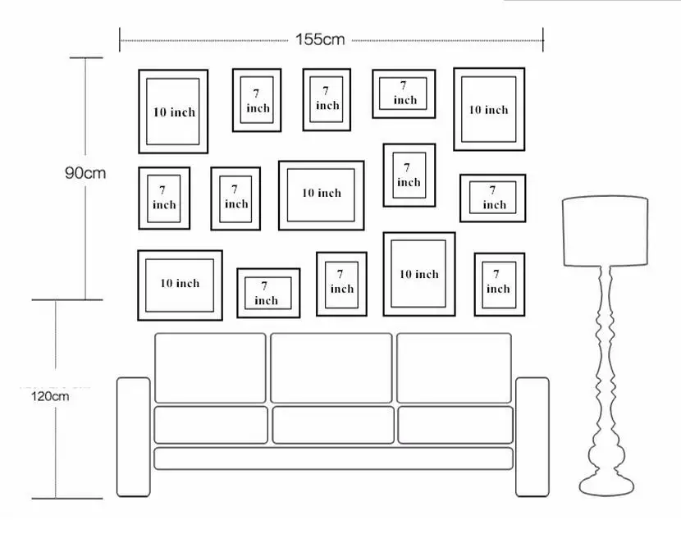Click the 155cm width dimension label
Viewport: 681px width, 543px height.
coord(321,39)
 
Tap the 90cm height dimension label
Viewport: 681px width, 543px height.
coord(85,173)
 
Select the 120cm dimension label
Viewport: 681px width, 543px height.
coord(50,395)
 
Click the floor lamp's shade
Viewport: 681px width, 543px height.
coord(605,230)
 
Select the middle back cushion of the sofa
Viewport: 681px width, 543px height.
coord(331,367)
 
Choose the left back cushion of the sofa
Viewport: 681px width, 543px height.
coord(210,367)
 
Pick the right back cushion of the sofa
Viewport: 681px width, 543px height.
coord(454,367)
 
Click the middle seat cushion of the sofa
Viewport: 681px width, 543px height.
coord(332,425)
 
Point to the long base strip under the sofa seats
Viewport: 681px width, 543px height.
coord(332,458)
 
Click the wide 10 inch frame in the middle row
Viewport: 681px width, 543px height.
coord(321,194)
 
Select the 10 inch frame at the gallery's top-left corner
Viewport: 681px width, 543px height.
coord(173,112)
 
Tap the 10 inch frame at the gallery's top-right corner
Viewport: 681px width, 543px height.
coord(488,109)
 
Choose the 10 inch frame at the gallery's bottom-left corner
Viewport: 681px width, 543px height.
coord(180,284)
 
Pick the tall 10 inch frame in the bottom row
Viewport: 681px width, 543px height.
coord(418,274)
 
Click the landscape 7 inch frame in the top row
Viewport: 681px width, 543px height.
coord(404,94)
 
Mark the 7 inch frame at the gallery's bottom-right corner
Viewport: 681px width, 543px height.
coord(499,284)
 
